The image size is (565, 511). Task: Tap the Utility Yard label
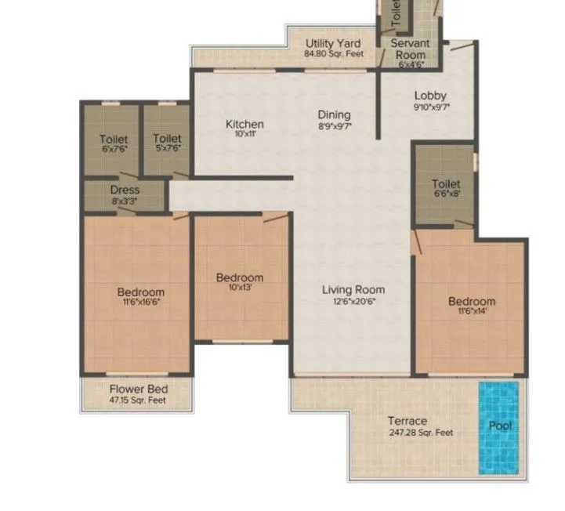pos(333,44)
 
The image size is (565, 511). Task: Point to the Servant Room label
pos(408,49)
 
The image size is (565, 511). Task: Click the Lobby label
pos(430,96)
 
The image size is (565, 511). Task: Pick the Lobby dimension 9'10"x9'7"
pos(430,107)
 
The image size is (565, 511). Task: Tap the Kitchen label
pos(244,124)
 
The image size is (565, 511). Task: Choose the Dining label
pos(334,115)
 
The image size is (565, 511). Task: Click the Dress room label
pos(125,190)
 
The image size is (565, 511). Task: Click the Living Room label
pos(353,290)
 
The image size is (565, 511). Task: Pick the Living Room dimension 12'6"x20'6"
pos(353,301)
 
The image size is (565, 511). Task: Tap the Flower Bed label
pos(139,390)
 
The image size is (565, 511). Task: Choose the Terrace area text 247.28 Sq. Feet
pos(421,432)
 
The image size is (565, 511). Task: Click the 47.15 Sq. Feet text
pos(139,400)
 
